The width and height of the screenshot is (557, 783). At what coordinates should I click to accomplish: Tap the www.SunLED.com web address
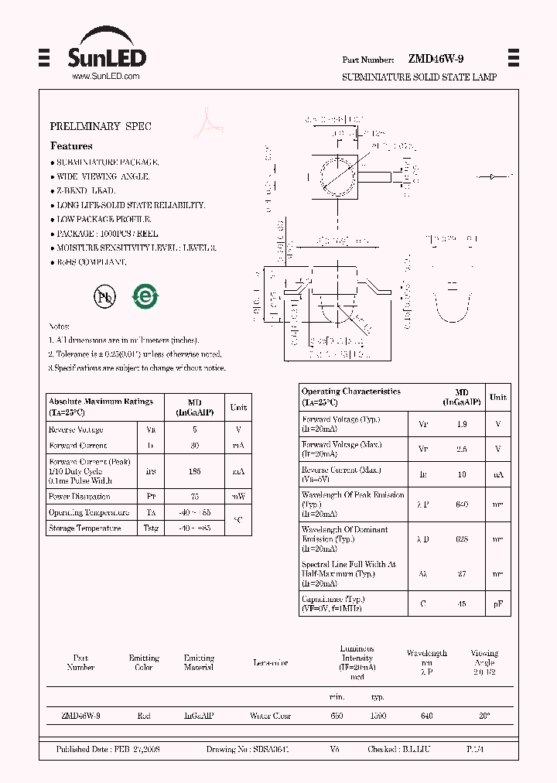(x=105, y=77)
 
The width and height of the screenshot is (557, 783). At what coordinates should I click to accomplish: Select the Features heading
(x=71, y=145)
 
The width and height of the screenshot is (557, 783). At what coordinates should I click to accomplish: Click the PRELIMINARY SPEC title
(x=101, y=126)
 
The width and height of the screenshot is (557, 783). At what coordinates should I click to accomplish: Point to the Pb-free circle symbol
(x=104, y=296)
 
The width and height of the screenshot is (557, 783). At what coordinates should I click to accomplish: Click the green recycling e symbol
(x=145, y=296)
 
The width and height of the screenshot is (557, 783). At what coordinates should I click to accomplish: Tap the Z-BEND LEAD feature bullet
(x=85, y=190)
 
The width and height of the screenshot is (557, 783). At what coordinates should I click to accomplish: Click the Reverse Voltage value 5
(x=194, y=429)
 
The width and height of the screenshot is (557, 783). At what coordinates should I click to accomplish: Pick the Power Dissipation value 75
(x=194, y=496)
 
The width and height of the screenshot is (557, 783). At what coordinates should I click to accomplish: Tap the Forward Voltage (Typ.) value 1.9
(x=462, y=423)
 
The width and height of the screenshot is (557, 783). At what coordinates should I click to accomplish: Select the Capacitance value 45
(x=462, y=603)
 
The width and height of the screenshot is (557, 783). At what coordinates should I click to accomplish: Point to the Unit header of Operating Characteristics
(x=498, y=397)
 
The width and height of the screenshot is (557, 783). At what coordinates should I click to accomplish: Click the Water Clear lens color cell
(x=271, y=716)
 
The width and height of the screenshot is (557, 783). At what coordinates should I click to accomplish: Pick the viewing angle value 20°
(x=484, y=716)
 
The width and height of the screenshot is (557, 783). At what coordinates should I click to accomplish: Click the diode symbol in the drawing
(x=493, y=177)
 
